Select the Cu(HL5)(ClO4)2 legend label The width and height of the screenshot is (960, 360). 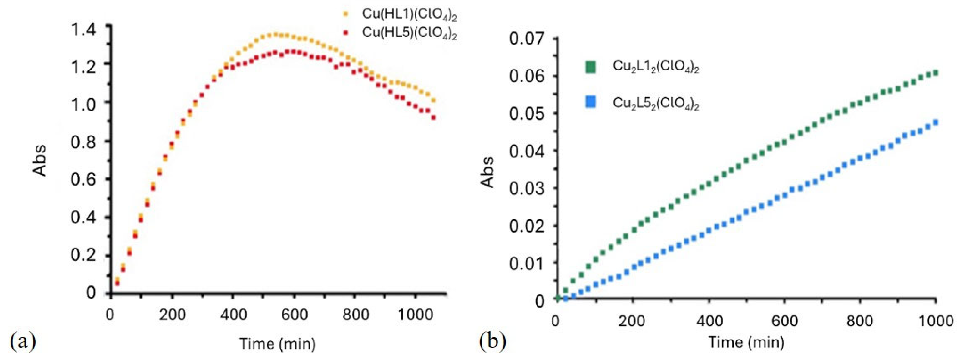[x=409, y=33]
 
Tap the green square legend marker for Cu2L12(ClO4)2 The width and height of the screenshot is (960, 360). [x=590, y=67]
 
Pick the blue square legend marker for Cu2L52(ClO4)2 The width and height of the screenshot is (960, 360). [x=590, y=102]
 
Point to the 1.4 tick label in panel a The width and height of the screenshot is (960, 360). [x=84, y=30]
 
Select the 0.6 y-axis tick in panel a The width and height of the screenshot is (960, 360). [x=84, y=179]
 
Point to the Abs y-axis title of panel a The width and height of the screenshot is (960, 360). [x=39, y=160]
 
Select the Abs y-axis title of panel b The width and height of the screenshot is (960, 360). [x=487, y=172]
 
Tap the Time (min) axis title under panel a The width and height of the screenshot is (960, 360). [x=277, y=343]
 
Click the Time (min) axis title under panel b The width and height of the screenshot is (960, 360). [x=746, y=342]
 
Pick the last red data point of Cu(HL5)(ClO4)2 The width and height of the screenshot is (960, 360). [x=433, y=118]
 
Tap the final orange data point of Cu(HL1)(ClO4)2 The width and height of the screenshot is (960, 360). [x=433, y=101]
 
